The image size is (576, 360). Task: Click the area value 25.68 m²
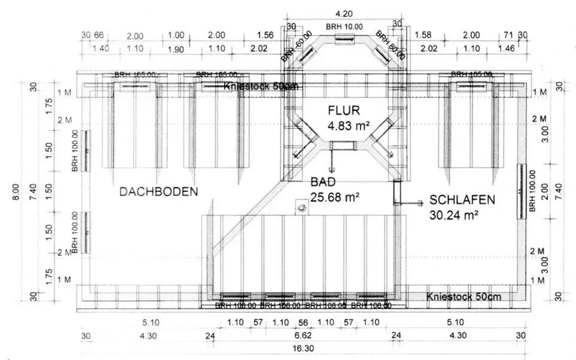pyautogui.click(x=336, y=198)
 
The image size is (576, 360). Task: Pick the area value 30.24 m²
pyautogui.click(x=454, y=215)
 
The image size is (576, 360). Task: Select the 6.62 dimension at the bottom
pyautogui.click(x=303, y=336)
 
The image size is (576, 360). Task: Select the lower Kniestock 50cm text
pyautogui.click(x=464, y=297)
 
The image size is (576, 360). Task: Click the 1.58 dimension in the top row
pyautogui.click(x=423, y=35)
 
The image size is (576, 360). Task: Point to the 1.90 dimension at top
pyautogui.click(x=176, y=50)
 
